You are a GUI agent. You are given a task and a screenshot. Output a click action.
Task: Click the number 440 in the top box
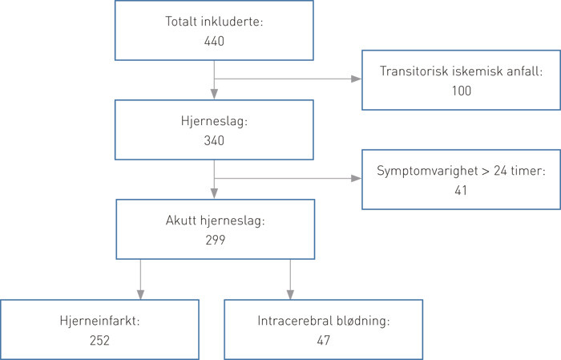point(214,40)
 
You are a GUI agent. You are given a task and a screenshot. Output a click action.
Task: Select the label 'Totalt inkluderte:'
point(214,22)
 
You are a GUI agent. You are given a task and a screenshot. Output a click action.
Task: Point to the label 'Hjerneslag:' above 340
point(214,122)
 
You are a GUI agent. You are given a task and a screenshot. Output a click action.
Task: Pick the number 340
point(214,140)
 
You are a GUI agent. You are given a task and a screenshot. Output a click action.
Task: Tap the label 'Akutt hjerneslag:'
point(214,220)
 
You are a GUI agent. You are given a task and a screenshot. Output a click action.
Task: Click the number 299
point(214,239)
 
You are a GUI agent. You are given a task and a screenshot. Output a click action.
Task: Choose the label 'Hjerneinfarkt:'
point(99,321)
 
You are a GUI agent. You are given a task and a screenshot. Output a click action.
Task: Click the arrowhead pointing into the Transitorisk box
point(355,79)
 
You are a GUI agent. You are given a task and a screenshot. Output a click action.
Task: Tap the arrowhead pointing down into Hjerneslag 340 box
point(214,94)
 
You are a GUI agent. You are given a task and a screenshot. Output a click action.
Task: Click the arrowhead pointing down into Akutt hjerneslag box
point(214,193)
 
